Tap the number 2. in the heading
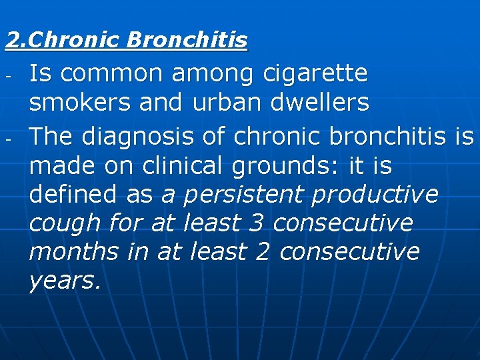17,41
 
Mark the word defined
73,194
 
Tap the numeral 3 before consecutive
256,222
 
